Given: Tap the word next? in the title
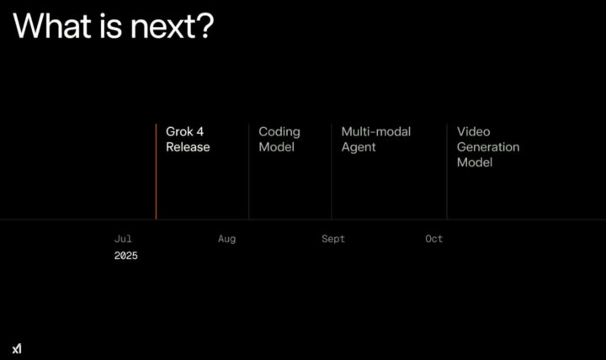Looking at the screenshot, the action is [173, 26].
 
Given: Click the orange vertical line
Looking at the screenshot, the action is [157, 172].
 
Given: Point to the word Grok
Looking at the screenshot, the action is [179, 132].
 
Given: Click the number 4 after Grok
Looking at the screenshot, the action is [199, 132].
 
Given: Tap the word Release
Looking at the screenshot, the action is [188, 147].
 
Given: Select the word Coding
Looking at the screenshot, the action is [279, 133].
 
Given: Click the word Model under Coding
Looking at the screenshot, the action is [277, 147].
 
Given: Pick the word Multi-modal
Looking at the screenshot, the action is [376, 132].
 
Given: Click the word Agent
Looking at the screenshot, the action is [359, 148].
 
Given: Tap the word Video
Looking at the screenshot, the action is [473, 132].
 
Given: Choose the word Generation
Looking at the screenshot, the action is [488, 147].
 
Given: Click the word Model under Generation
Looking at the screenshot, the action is [475, 162].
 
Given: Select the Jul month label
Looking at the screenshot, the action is [123, 239].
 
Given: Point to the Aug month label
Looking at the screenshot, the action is [227, 239].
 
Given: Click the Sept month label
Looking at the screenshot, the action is [333, 239].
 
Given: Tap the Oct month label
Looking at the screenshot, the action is [434, 239].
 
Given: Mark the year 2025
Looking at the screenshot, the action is [126, 256].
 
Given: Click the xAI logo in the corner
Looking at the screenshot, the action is [17, 349].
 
